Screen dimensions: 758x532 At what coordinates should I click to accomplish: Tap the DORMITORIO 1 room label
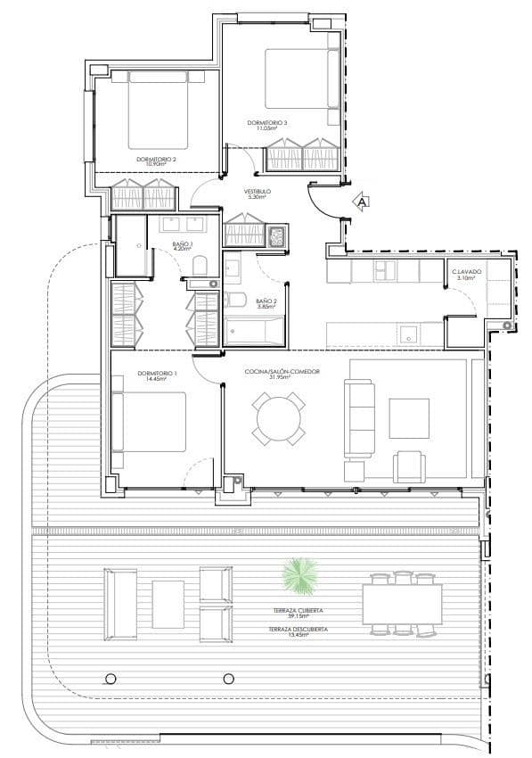pos(157,372)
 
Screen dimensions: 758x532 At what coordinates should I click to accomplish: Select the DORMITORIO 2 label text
pos(156,159)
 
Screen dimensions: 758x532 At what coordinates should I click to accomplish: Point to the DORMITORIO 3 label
pos(267,122)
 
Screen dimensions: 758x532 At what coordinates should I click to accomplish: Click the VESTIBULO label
pos(258,191)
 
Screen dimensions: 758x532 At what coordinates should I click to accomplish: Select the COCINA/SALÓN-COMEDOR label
pos(282,372)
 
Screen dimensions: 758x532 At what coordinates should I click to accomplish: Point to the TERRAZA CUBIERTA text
pos(299,611)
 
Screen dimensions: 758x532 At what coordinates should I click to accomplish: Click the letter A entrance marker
pos(362,202)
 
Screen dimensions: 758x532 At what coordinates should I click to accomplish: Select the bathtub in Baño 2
pos(253,332)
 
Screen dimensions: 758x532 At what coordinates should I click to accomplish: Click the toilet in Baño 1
pos(201,266)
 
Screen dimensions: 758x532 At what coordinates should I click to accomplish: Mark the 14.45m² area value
pos(157,379)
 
